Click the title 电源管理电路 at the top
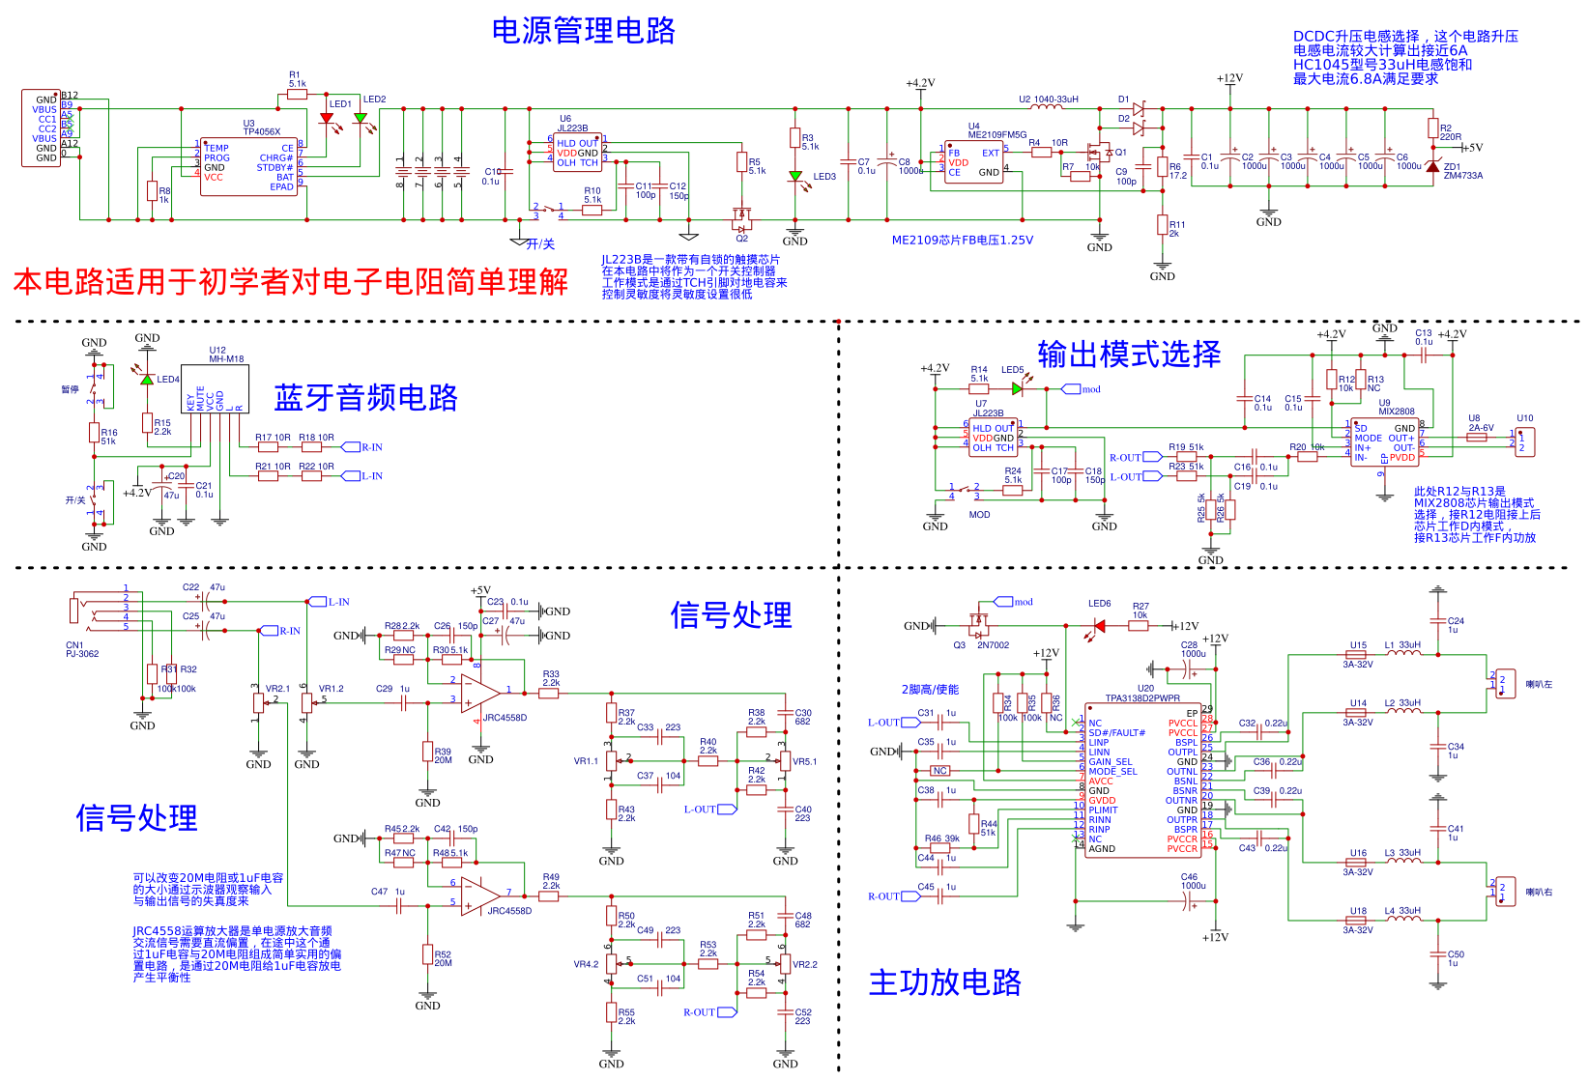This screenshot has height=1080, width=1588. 583,31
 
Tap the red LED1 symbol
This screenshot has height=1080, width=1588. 327,119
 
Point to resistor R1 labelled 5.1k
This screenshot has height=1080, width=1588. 297,95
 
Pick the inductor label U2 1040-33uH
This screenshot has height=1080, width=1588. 1048,99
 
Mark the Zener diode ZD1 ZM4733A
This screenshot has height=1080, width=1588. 1432,166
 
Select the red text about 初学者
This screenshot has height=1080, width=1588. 290,282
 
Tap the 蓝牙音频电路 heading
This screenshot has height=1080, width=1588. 365,398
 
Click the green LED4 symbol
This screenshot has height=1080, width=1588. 147,380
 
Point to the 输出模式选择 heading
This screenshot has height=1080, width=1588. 1129,355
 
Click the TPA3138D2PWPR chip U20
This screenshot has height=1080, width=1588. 1142,780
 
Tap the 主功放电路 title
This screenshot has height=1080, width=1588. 944,982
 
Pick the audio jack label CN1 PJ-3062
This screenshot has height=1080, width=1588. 82,649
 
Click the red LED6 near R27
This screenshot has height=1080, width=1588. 1099,626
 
